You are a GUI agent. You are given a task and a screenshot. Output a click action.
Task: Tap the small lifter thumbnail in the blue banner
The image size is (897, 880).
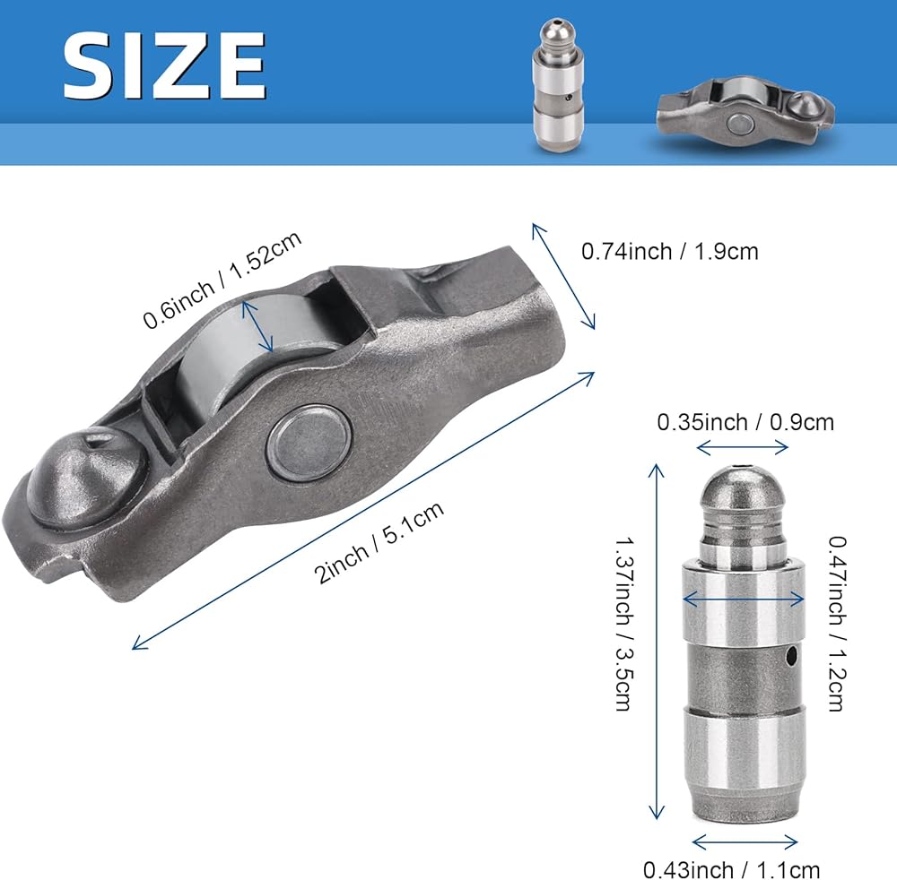click(558, 86)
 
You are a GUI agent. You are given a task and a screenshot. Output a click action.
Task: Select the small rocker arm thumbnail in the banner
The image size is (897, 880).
click(745, 112)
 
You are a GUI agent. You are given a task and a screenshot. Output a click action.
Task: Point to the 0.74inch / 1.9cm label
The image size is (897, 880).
click(670, 252)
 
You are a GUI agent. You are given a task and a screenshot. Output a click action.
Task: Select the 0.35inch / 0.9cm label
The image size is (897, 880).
click(745, 422)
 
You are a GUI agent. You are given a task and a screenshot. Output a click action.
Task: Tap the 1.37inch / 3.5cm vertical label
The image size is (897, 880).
click(624, 623)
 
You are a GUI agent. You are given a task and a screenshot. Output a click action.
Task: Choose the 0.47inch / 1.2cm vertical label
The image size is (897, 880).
click(837, 623)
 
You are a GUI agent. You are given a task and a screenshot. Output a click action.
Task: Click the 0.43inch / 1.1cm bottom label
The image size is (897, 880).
click(732, 869)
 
